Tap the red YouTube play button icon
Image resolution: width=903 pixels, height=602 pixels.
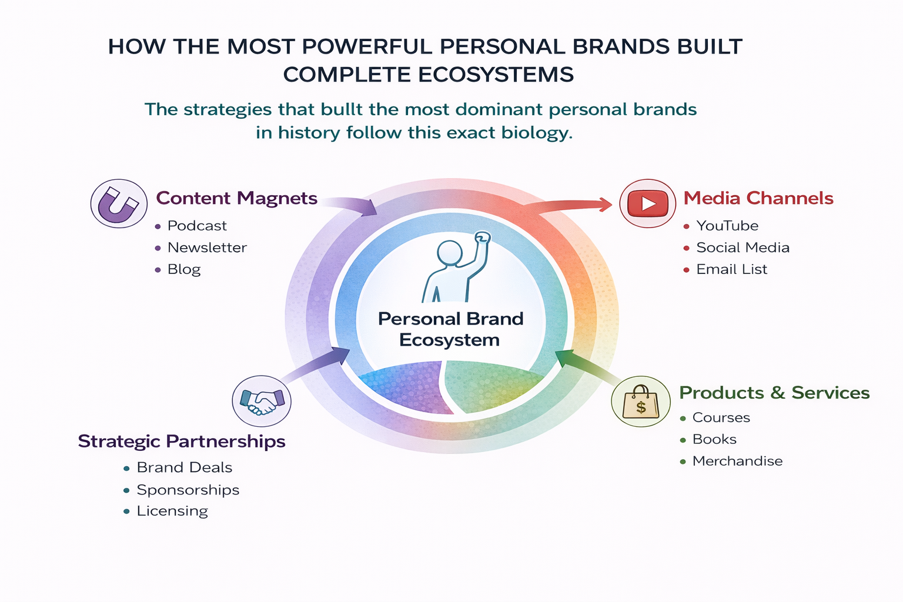click(647, 203)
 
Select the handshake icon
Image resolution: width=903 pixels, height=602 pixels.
click(262, 401)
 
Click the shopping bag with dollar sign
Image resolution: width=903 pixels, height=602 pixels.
click(641, 402)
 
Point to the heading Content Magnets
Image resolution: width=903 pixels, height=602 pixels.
click(237, 198)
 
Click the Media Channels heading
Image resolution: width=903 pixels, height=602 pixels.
click(758, 198)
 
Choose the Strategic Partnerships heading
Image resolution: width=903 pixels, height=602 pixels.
click(182, 442)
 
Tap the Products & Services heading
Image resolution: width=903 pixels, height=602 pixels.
click(774, 393)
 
